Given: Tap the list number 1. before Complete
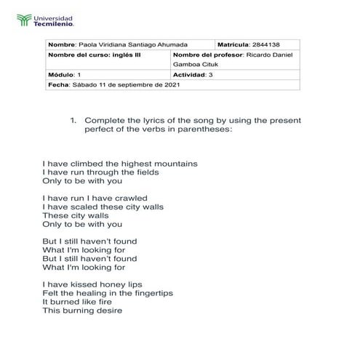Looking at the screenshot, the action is (x=73, y=119).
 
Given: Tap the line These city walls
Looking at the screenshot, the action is (x=75, y=215).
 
